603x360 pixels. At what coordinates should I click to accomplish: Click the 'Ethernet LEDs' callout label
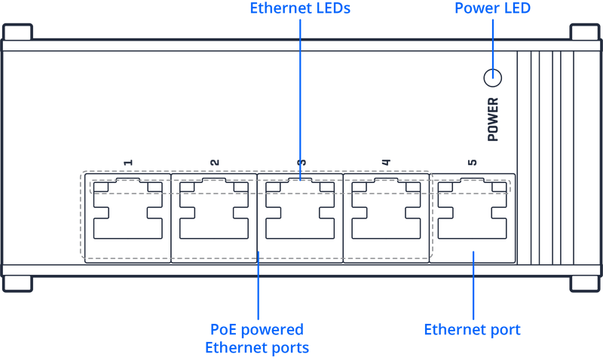300,8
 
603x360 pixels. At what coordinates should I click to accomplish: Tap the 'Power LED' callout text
493,8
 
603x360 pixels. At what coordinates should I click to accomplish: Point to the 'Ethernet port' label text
473,330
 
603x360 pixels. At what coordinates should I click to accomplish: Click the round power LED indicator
493,75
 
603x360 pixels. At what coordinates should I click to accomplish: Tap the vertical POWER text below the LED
493,119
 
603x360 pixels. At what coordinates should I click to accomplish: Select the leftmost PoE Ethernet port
128,218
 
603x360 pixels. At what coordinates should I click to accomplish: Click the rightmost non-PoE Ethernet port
473,218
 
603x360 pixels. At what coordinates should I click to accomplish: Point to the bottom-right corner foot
583,284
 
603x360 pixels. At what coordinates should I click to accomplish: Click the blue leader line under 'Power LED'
493,41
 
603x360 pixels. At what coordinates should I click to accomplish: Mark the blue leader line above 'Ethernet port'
473,286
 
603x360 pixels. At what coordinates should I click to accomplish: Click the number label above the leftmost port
128,163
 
